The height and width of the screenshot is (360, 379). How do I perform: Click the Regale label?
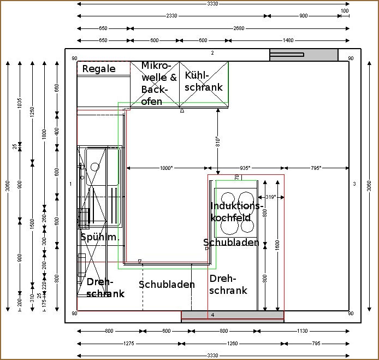pyautogui.click(x=99, y=69)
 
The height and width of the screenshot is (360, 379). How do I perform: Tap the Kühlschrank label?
pyautogui.click(x=204, y=81)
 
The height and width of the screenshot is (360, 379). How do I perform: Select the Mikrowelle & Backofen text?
pyautogui.click(x=158, y=83)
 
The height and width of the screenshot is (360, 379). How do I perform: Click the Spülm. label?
pyautogui.click(x=99, y=237)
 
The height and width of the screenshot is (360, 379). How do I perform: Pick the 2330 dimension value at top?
pyautogui.click(x=171, y=16)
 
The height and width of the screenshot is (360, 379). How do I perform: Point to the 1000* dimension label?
pyautogui.click(x=166, y=168)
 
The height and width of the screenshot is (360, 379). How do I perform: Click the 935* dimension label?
pyautogui.click(x=245, y=168)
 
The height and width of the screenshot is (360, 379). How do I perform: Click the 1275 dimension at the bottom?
pyautogui.click(x=129, y=344)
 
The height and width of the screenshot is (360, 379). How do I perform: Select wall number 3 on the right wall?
pyautogui.click(x=354, y=184)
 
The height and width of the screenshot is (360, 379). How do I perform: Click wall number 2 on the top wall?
pyautogui.click(x=213, y=53)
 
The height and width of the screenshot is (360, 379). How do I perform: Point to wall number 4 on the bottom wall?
pyautogui.click(x=213, y=315)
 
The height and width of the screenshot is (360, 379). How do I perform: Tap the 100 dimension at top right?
pyautogui.click(x=345, y=10)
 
